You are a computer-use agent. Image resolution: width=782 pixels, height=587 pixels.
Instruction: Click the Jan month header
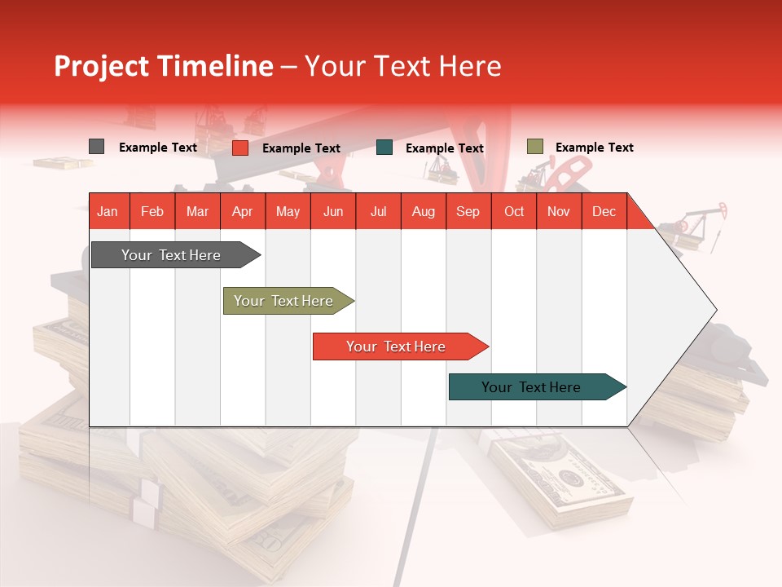coord(108,211)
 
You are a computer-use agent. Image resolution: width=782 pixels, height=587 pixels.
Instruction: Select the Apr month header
coord(243,211)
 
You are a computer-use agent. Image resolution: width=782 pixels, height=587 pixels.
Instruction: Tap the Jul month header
coord(378,211)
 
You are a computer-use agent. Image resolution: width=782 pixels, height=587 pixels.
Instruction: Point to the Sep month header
coord(468,211)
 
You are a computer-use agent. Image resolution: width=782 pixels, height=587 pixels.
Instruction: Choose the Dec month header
coord(604,211)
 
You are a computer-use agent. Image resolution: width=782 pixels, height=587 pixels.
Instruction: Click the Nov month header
coord(558,211)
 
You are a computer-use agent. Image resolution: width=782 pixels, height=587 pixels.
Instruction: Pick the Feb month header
coord(152,211)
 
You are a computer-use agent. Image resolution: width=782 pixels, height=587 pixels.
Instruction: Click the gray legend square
coord(96,147)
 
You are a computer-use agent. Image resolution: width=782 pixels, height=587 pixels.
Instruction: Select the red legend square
coord(239,148)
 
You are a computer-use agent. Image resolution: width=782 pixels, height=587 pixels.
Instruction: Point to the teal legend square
coord(384,148)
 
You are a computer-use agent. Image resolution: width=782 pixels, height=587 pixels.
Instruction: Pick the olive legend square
coord(534,147)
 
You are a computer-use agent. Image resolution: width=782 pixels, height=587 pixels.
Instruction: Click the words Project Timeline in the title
coord(163,66)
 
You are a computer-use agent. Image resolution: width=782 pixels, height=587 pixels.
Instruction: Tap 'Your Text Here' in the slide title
coord(402,66)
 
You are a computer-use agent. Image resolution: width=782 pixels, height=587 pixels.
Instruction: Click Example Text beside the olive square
coord(594,148)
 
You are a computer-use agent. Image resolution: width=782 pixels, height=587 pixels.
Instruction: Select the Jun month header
coord(333,211)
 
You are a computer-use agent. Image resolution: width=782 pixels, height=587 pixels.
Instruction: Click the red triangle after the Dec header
coord(638,216)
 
